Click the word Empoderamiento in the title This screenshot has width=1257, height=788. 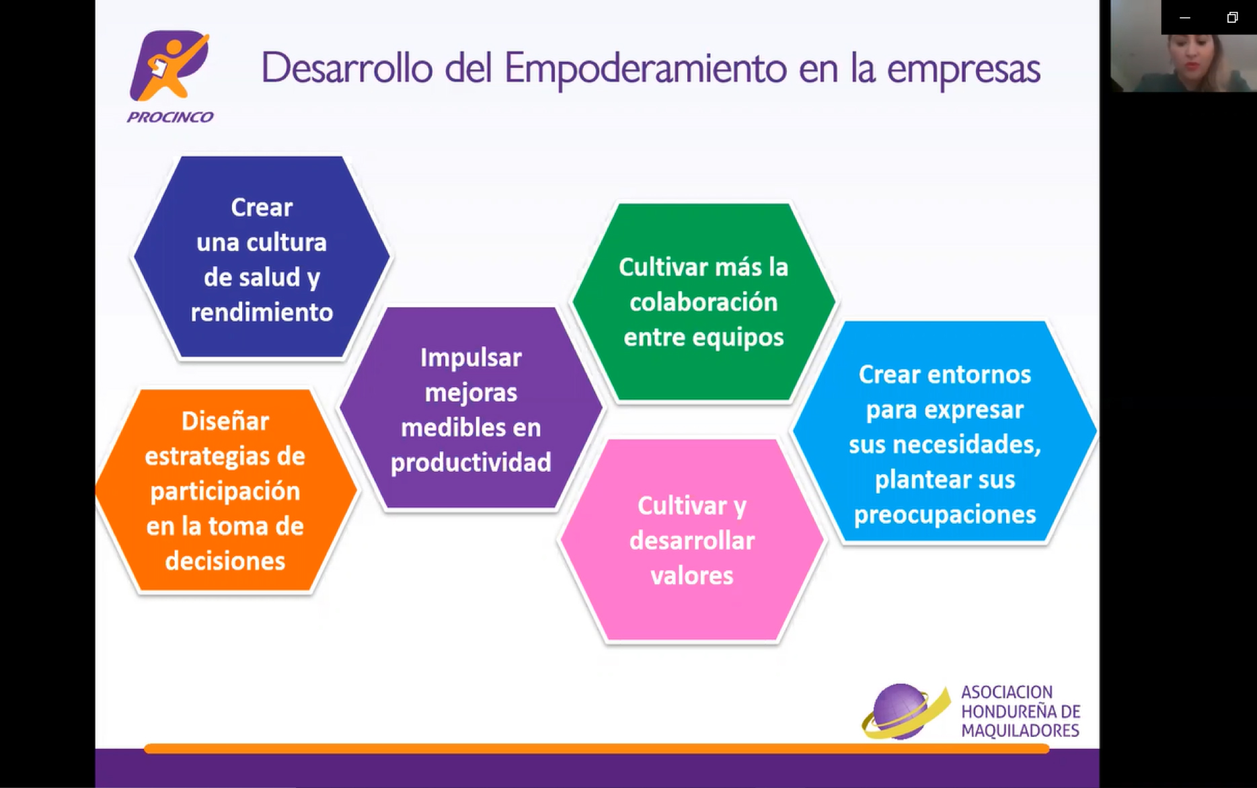[x=645, y=69]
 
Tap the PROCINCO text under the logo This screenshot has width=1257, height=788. [x=170, y=117]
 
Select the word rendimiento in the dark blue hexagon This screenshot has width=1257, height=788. [x=262, y=313]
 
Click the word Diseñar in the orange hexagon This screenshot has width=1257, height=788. [x=225, y=422]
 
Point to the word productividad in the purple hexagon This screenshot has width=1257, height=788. [x=471, y=463]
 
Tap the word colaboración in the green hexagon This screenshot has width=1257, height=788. [x=703, y=303]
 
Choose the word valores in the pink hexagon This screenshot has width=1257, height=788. [x=691, y=576]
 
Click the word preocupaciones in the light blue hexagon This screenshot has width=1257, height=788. [x=944, y=515]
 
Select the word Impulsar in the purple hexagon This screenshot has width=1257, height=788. [x=471, y=358]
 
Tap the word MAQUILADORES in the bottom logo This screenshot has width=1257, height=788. [x=1020, y=731]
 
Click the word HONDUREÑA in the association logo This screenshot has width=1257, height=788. [x=1003, y=711]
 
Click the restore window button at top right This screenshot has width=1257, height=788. [x=1232, y=17]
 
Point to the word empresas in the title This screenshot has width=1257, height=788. [x=963, y=69]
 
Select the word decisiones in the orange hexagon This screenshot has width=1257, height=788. [x=225, y=561]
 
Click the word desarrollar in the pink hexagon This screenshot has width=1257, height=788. [x=691, y=541]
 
